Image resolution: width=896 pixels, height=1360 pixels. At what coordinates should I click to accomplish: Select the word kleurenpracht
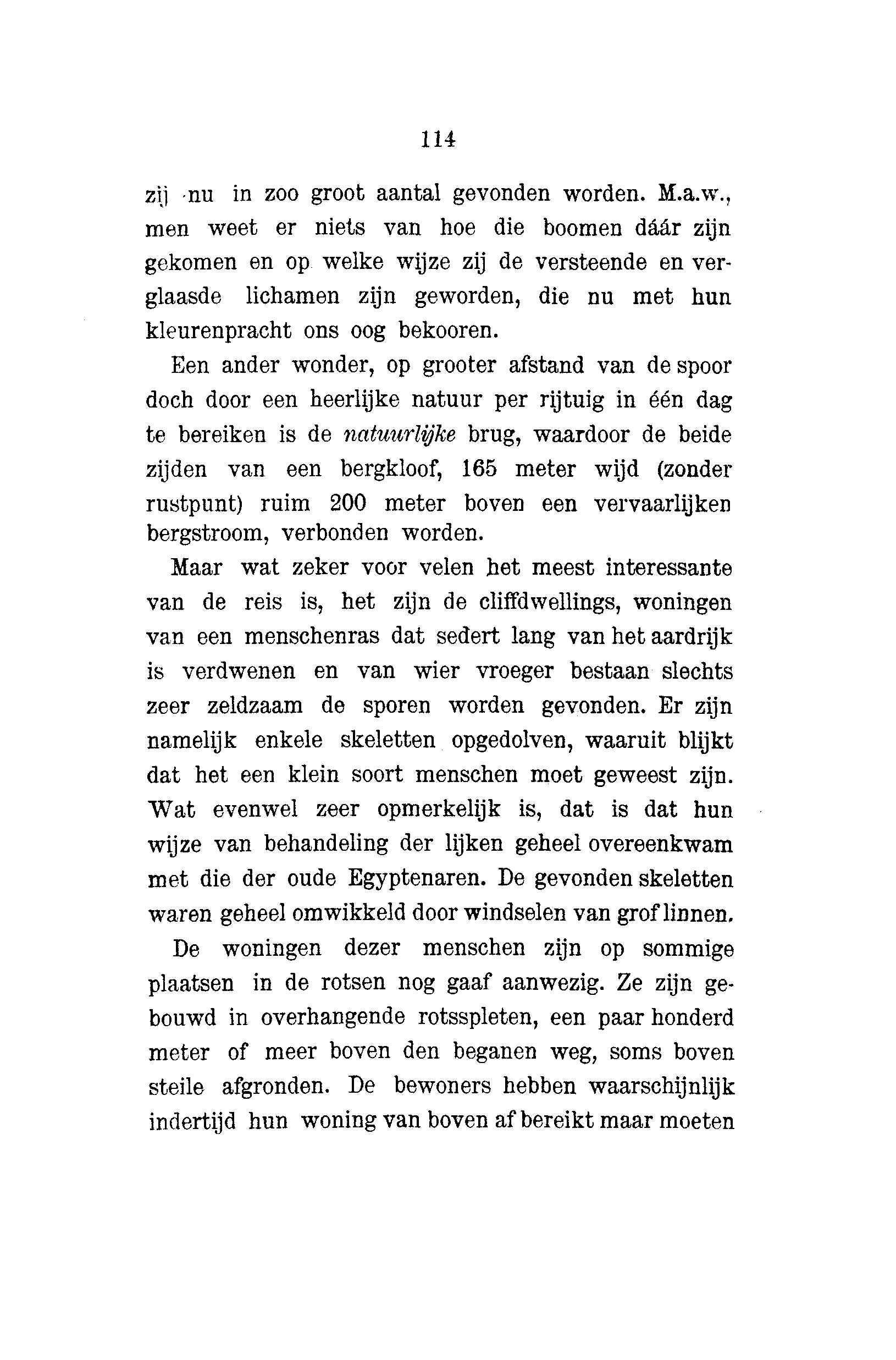click(x=218, y=331)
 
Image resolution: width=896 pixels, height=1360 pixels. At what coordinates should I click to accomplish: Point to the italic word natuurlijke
click(x=400, y=434)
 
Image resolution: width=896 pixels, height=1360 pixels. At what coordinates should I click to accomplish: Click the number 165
click(x=479, y=469)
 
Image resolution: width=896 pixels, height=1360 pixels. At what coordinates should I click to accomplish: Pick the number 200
click(x=348, y=504)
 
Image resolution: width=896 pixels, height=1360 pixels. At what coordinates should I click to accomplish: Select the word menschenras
click(x=312, y=637)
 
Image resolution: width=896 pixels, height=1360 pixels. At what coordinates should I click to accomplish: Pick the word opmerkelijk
click(x=438, y=809)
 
